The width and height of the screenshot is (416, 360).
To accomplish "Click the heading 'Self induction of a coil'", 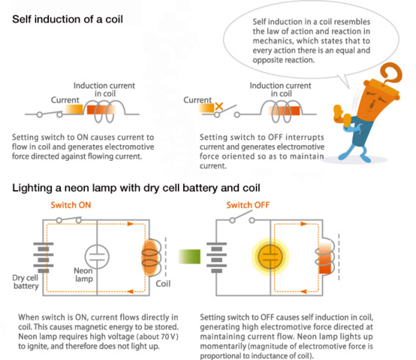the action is tap(68, 20).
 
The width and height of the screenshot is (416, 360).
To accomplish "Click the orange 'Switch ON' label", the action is tap(71, 205).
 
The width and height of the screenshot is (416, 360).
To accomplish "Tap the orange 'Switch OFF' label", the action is tap(248, 205).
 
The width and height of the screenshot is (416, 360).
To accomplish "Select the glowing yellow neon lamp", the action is tap(270, 256).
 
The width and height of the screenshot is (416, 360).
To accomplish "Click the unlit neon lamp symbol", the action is tap(97, 257).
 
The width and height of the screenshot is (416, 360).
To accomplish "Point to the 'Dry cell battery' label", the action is tap(26, 282).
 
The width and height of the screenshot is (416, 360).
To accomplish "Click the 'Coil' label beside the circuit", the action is tap(163, 284).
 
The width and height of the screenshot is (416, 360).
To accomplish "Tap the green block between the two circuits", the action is tap(189, 256).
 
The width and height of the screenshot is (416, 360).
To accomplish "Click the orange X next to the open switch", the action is tap(219, 107).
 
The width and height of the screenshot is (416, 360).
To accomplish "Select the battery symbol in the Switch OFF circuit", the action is tap(217, 257).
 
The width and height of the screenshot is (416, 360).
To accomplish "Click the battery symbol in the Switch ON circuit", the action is tap(44, 257).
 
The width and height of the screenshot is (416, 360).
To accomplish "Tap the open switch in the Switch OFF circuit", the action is tap(242, 218).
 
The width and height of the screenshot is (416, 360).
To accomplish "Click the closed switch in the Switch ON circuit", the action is tap(69, 219).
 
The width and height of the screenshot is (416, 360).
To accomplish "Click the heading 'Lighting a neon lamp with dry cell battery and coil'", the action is tap(136, 188).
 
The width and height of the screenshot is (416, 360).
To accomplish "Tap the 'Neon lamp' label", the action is tap(83, 275).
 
